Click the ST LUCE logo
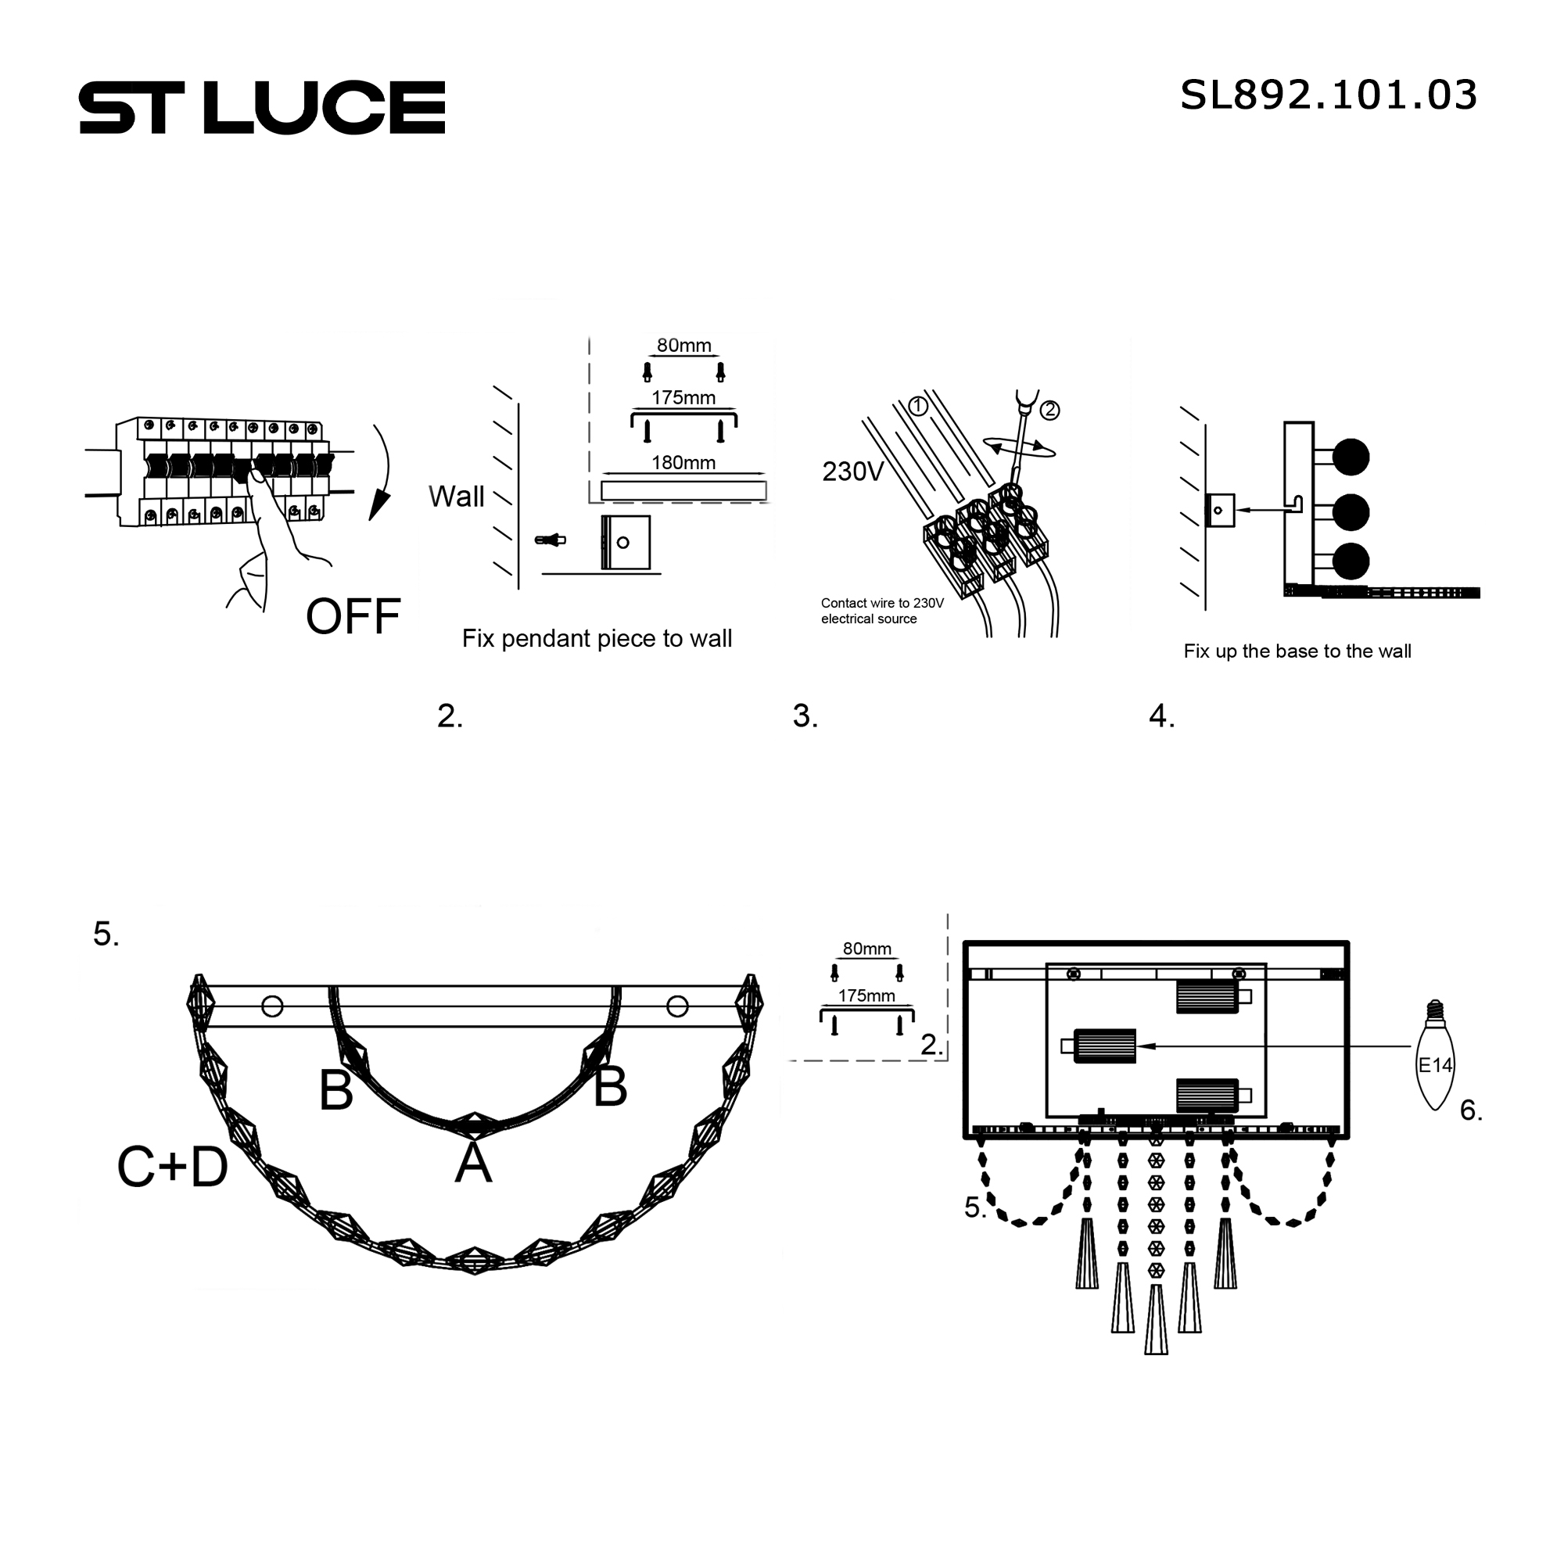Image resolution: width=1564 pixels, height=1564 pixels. [x=262, y=107]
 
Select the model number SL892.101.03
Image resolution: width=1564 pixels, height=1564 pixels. [x=1329, y=95]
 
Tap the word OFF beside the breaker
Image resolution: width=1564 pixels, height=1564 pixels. [x=353, y=616]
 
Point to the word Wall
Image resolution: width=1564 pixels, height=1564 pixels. [x=457, y=497]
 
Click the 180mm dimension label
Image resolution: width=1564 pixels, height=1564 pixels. [x=684, y=463]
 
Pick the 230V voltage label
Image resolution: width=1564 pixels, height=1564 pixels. [x=852, y=471]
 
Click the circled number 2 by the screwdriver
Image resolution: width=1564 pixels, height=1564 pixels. [x=1049, y=411]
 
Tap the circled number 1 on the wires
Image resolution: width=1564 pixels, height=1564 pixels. [x=918, y=407]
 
